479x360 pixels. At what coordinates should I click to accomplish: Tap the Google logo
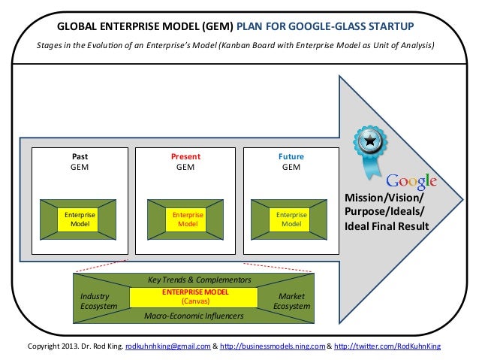point(411,182)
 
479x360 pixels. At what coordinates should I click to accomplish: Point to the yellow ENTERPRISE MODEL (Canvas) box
point(199,296)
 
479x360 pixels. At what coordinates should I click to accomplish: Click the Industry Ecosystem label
point(99,301)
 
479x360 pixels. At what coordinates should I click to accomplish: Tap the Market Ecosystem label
point(291,301)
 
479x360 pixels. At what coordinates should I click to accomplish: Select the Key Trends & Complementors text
point(199,280)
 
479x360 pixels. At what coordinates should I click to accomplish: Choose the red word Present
point(185,156)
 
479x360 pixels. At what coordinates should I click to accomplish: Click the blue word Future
point(291,156)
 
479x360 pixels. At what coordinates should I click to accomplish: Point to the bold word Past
point(80,156)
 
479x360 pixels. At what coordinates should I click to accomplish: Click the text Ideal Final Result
point(386,225)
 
